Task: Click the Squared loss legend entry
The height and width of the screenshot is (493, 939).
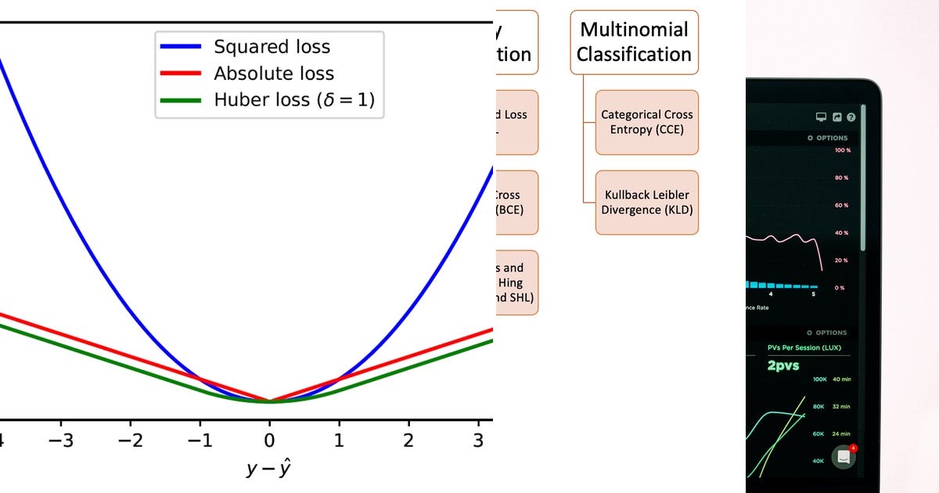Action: coord(272,47)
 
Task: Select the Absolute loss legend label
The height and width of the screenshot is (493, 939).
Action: coord(273,74)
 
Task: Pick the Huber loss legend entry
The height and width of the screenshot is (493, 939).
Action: coord(299,100)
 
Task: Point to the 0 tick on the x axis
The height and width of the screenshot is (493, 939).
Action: coord(269,441)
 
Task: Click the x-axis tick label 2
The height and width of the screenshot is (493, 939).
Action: coord(408,441)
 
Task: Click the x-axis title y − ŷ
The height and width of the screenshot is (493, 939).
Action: coord(269,470)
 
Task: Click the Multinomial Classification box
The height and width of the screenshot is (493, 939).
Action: coord(634,42)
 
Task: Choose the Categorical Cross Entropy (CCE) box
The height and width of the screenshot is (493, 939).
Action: coord(646,122)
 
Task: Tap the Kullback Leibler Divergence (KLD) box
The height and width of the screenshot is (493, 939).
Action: coord(646,203)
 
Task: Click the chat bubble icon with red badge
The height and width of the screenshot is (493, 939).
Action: coord(844,457)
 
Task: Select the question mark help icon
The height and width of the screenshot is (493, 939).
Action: coord(851,117)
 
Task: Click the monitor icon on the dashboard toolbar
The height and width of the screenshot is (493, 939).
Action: coord(821,117)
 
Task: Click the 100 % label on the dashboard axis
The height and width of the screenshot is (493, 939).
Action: coord(841,149)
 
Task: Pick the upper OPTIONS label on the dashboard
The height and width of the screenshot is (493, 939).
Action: coord(831,138)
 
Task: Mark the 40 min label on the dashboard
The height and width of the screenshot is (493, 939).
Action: coord(841,380)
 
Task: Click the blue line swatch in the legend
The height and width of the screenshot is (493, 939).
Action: coord(182,47)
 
